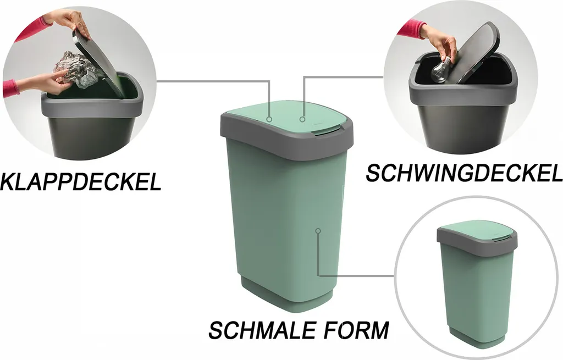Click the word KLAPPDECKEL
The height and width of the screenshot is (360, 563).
(x=80, y=182)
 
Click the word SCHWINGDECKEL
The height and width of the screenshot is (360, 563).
(x=464, y=173)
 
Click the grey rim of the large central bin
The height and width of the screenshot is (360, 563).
(x=287, y=138)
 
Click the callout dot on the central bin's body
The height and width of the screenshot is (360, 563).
(x=318, y=231)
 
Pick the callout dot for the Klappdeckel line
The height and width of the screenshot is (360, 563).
(x=269, y=119)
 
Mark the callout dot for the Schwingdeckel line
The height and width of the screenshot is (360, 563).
(x=302, y=119)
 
